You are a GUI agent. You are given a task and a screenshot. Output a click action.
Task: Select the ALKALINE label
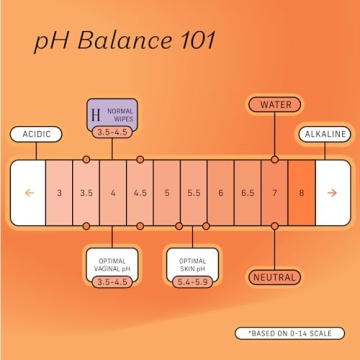tap(324, 133)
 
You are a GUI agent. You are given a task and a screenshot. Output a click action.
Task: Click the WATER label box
tap(274, 104)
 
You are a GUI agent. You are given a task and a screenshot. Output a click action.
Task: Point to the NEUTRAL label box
tap(274, 277)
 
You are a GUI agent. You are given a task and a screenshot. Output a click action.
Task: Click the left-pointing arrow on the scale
tap(31, 191)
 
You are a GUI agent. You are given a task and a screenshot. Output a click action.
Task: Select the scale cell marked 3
tap(60, 191)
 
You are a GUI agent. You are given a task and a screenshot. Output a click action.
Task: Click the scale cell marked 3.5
tap(87, 191)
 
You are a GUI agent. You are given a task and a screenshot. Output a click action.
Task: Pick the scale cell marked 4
tap(113, 191)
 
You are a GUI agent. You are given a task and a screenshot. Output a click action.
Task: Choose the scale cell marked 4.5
tap(140, 191)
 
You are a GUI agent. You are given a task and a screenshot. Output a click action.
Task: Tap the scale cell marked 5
tap(167, 191)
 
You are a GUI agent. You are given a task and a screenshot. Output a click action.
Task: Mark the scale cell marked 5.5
tap(193, 191)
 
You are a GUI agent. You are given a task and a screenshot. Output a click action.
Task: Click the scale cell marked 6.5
tap(247, 191)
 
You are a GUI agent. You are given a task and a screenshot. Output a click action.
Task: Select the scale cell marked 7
tap(274, 191)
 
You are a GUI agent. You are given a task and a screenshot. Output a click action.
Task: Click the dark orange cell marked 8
tap(301, 191)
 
